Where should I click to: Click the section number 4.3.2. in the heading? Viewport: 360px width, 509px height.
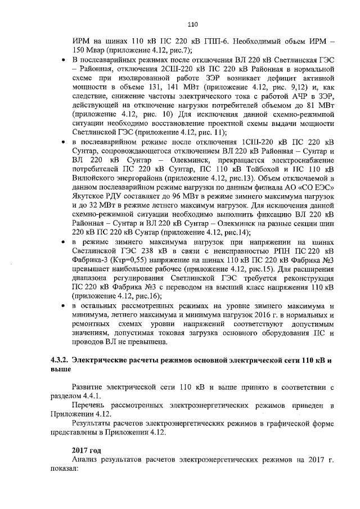pyautogui.click(x=60, y=360)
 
